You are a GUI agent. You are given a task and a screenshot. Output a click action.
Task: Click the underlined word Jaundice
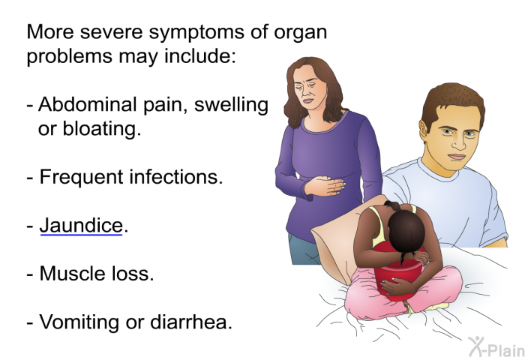[81, 226]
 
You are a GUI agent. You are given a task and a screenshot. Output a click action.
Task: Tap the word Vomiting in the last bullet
[79, 322]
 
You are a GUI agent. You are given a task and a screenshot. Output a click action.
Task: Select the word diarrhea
[190, 322]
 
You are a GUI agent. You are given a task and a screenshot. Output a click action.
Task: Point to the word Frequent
[81, 178]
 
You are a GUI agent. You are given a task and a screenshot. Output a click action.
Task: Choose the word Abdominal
[88, 103]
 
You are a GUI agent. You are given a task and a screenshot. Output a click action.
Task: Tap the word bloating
[102, 129]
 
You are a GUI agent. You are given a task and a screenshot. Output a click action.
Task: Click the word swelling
[231, 105]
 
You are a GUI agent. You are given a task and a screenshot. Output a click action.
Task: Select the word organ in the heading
[300, 33]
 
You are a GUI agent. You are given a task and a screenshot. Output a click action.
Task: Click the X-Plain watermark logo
[496, 346]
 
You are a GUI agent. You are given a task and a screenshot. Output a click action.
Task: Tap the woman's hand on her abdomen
[325, 185]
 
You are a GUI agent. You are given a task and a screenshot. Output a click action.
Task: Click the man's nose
[459, 143]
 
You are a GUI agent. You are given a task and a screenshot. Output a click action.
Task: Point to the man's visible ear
[424, 131]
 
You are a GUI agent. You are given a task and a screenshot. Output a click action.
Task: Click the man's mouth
[456, 157]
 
